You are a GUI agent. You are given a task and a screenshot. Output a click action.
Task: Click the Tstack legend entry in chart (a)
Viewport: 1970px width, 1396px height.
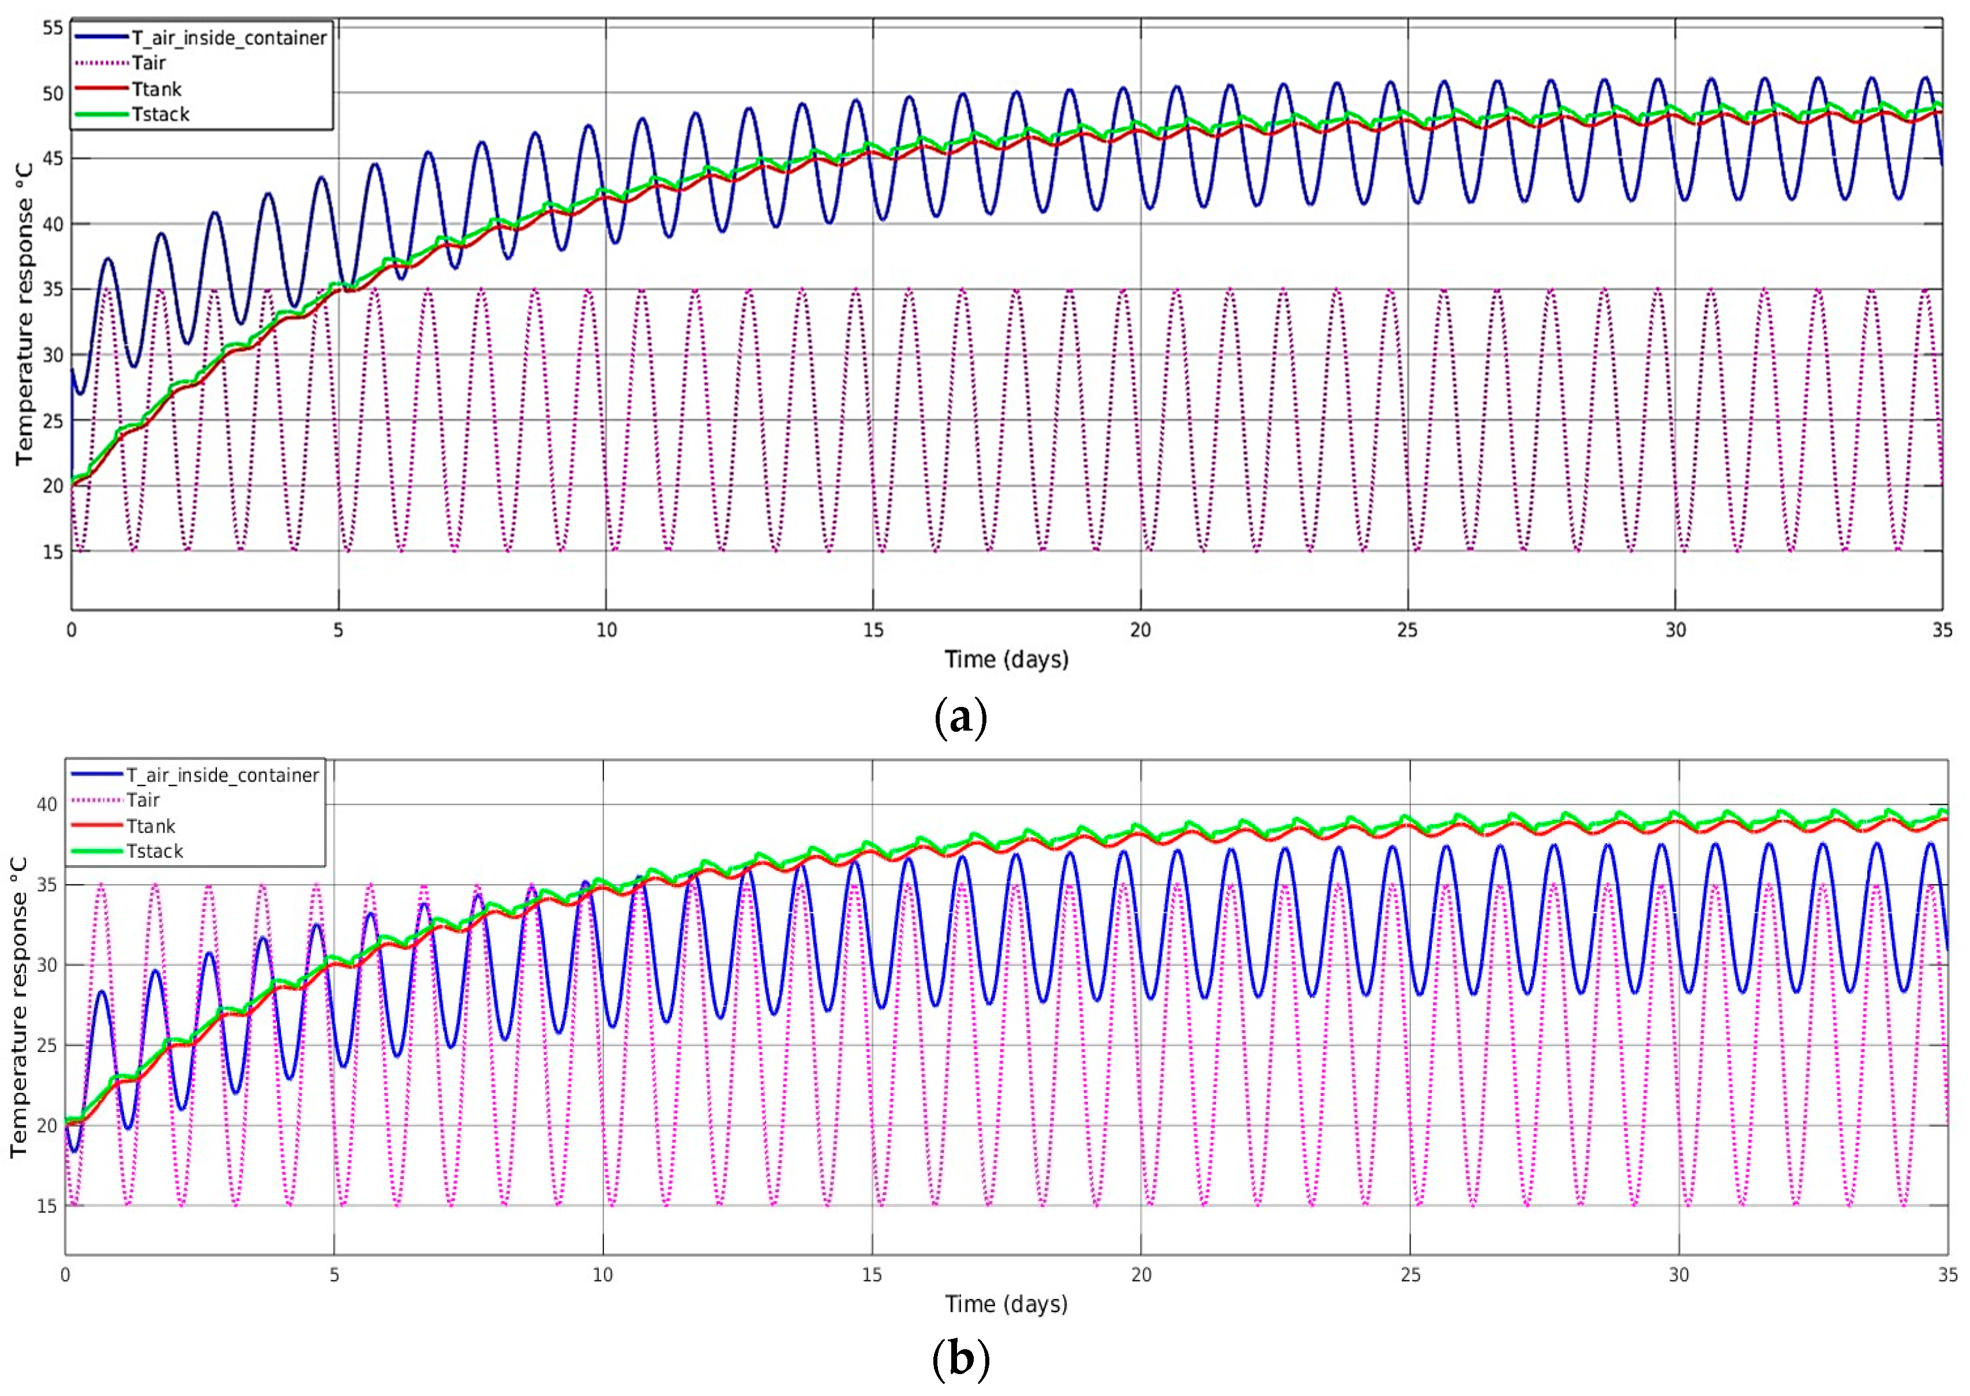click(x=160, y=114)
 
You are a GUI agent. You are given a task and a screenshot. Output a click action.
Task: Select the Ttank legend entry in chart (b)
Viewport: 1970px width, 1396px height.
click(x=151, y=826)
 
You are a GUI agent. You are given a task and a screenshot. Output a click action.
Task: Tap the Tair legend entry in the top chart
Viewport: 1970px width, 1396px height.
click(x=148, y=63)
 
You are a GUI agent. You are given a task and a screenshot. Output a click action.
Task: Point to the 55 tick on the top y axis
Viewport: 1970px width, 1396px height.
click(x=53, y=28)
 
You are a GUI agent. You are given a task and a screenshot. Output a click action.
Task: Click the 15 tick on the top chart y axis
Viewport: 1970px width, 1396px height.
click(x=53, y=551)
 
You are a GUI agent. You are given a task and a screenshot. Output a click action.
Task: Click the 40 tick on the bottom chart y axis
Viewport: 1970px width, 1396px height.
click(x=47, y=804)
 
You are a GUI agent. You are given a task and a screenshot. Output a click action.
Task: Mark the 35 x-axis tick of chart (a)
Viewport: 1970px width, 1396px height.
click(x=1942, y=630)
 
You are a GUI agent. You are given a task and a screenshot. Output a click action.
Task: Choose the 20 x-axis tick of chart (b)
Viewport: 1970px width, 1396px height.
click(x=1141, y=1275)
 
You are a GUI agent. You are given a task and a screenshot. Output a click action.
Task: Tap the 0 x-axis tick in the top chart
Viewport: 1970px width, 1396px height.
click(x=72, y=630)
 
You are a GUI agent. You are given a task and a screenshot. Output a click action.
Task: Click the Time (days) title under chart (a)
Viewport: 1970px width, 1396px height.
click(x=1006, y=659)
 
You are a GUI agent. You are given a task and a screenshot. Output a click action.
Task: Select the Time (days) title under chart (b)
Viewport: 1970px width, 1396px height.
click(x=1006, y=1304)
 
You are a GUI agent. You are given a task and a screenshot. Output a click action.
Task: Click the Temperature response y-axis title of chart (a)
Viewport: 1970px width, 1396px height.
click(x=24, y=314)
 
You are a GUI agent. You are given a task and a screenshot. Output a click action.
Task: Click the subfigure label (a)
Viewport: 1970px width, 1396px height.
click(x=960, y=716)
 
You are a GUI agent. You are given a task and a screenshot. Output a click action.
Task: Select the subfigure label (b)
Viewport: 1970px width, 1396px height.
click(x=960, y=1359)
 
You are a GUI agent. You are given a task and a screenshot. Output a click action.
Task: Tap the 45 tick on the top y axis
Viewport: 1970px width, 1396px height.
click(x=53, y=158)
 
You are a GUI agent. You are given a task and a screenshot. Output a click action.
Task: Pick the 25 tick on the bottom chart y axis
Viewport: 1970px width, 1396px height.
click(x=47, y=1045)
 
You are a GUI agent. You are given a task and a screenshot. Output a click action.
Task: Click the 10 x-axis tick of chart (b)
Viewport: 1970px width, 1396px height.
click(x=603, y=1275)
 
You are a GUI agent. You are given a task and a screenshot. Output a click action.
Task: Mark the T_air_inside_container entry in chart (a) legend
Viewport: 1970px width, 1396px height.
click(x=228, y=38)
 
